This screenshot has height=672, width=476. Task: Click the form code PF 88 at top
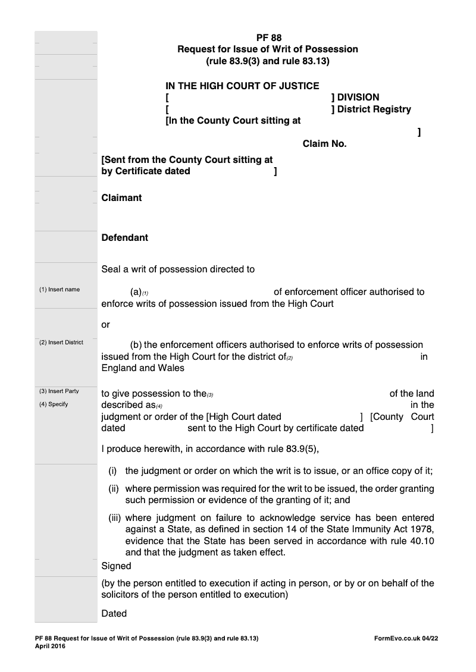269,37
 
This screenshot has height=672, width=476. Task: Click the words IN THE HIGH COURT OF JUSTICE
242,86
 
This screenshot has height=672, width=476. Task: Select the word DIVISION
358,98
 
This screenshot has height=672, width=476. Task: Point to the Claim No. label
324,144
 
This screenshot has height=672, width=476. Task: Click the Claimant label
121,198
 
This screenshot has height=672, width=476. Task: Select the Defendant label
125,238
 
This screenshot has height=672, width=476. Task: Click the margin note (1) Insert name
59,290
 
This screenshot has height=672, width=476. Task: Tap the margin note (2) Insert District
61,343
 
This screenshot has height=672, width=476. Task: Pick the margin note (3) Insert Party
59,391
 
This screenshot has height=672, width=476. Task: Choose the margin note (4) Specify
54,404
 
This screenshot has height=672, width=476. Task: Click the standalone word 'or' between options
105,325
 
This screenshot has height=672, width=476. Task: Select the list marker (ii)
114,489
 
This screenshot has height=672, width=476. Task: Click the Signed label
116,566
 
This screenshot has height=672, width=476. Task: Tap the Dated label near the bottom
114,613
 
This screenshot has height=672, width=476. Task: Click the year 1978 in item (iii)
422,529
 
